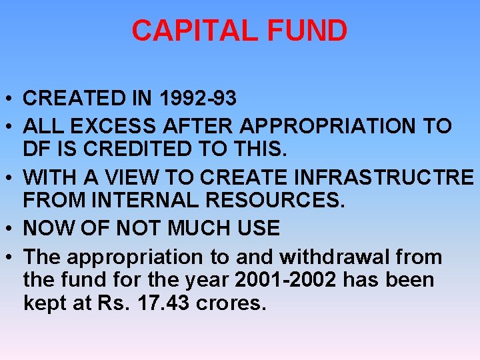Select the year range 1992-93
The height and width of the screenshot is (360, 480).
tap(198, 99)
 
